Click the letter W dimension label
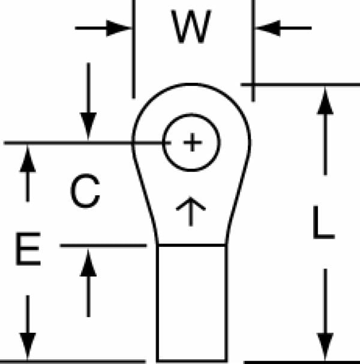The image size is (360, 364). tap(191, 26)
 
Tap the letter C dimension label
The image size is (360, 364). tap(85, 191)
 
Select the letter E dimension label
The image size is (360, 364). tap(28, 249)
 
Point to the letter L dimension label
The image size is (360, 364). tap(324, 222)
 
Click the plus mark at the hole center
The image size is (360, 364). tap(192, 142)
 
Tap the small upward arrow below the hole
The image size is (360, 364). tap(191, 211)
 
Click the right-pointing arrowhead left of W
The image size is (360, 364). tap(119, 28)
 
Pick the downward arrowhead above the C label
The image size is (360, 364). tap(88, 126)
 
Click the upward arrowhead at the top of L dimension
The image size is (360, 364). tap(325, 101)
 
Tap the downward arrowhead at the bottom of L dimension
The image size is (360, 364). tap(325, 347)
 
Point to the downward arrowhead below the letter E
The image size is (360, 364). tap(28, 347)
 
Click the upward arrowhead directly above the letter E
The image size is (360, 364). tap(28, 159)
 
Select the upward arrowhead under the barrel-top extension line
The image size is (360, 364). tap(88, 262)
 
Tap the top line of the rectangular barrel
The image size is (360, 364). tap(192, 245)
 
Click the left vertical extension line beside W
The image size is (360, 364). tap(134, 49)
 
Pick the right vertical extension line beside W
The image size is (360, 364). tap(254, 50)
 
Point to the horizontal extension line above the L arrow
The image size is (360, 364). tap(300, 85)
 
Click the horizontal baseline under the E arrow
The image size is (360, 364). tap(73, 362)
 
